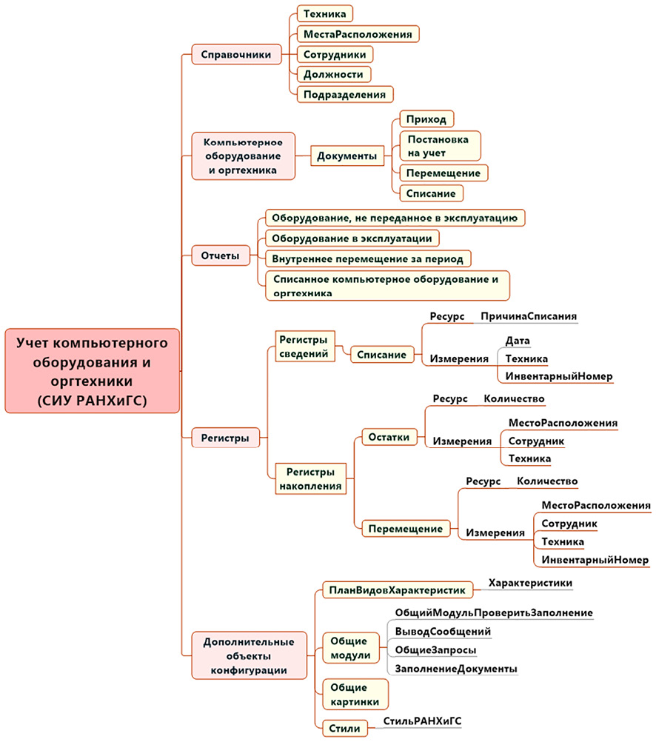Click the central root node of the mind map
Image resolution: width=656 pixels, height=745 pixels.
[x=92, y=370]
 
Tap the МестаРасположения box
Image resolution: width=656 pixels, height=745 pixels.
[x=358, y=34]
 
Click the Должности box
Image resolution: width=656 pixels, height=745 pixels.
[x=333, y=74]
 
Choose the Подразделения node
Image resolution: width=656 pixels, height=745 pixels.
[x=344, y=94]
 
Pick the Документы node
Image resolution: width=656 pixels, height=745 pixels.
[x=346, y=156]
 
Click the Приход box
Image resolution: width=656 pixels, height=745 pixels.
[x=426, y=118]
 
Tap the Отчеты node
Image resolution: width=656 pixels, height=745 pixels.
[x=221, y=256]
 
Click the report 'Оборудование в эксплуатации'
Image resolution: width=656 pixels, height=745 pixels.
[x=352, y=238]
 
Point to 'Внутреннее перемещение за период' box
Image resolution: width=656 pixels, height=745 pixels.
[x=368, y=258]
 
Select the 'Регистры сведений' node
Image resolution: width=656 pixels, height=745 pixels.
[x=302, y=346]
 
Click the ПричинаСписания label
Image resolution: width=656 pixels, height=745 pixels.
[x=528, y=316]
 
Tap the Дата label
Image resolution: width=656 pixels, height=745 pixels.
[x=518, y=340]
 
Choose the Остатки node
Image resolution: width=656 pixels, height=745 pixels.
[x=389, y=437]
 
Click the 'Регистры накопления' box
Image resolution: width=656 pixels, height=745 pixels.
[x=310, y=478]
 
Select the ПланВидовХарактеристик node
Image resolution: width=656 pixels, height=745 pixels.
[x=396, y=590]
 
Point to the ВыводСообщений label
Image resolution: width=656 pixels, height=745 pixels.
[x=443, y=632]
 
